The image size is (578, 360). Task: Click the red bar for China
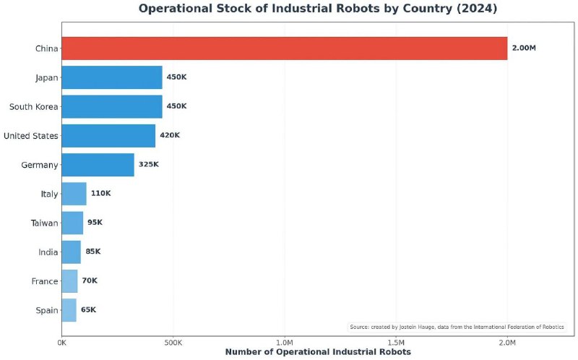284,48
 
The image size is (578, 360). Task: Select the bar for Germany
98,165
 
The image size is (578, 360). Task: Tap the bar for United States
108,135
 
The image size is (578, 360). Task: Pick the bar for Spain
69,310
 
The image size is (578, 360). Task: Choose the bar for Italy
74,194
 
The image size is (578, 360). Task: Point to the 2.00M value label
524,48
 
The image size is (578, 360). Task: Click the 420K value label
170,135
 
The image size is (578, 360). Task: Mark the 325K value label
148,165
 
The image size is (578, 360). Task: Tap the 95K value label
95,223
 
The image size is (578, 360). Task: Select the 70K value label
90,280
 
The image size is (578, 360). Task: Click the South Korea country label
33,106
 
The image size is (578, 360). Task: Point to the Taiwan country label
43,223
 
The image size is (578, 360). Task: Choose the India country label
48,252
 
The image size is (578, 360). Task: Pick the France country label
45,281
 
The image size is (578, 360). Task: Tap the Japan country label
46,77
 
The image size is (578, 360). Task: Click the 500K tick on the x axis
173,341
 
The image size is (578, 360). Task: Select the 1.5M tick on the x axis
396,341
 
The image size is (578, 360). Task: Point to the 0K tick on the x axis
61,341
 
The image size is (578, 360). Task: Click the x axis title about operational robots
318,352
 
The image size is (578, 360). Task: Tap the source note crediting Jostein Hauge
457,327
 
